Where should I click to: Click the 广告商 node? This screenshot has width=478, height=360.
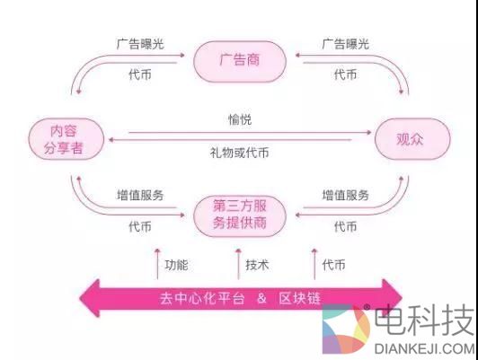(x=239, y=61)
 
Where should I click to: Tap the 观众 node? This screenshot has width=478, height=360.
(x=410, y=139)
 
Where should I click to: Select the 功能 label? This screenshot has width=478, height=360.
(x=177, y=265)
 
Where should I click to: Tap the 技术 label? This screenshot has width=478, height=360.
(x=257, y=265)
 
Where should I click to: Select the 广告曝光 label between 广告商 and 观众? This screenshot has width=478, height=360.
(x=345, y=43)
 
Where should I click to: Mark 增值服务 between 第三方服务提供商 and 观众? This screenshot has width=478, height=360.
(x=345, y=195)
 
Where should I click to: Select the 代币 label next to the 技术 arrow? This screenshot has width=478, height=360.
(x=334, y=265)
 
